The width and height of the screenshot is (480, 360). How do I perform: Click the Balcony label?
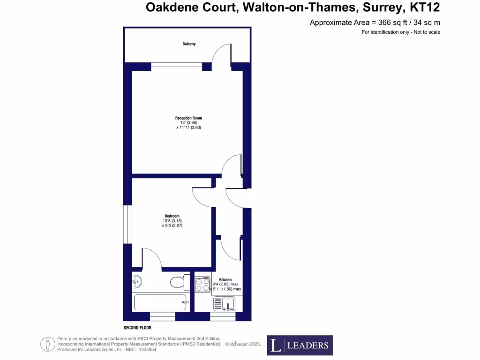point(189,44)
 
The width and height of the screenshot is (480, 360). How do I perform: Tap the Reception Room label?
point(188,118)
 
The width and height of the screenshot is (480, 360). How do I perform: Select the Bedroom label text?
point(172,216)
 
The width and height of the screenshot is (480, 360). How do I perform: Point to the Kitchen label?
point(226,280)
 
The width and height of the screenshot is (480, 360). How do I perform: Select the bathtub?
point(161,302)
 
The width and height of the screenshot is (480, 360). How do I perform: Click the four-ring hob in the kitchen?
point(202,285)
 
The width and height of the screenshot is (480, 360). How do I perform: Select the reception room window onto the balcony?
point(176,67)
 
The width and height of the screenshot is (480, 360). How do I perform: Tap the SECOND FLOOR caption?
point(137,328)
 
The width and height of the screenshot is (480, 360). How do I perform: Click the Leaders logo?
point(300,345)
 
